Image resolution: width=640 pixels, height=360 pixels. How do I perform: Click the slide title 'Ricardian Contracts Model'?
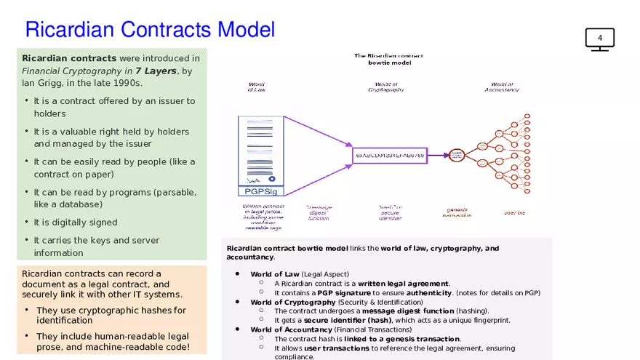[x=150, y=30]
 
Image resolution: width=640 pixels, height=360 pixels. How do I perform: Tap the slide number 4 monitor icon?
[x=599, y=39]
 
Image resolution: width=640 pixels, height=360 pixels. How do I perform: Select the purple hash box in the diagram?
[x=389, y=155]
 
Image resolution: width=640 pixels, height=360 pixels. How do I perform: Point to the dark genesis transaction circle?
[x=457, y=155]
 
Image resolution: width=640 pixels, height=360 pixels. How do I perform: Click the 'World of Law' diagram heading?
[x=257, y=87]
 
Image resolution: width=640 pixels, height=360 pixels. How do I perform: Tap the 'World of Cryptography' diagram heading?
[x=386, y=87]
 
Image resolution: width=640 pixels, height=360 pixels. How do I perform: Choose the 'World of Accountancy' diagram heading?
[x=501, y=87]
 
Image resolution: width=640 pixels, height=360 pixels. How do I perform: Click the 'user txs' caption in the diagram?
[x=514, y=213]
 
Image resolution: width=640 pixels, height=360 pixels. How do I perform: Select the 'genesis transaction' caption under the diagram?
[x=457, y=212]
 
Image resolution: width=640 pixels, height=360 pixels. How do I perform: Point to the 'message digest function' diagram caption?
[x=319, y=212]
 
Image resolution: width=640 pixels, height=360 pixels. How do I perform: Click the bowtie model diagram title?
[x=388, y=59]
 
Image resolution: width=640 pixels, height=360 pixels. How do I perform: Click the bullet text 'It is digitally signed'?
[x=76, y=222]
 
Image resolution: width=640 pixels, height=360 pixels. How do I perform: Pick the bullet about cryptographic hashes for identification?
[x=111, y=315]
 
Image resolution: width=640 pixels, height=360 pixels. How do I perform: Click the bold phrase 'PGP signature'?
[x=344, y=293]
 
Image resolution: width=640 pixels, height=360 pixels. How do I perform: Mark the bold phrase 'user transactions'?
[x=336, y=348]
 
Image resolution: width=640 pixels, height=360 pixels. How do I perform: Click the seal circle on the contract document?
[x=271, y=178]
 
